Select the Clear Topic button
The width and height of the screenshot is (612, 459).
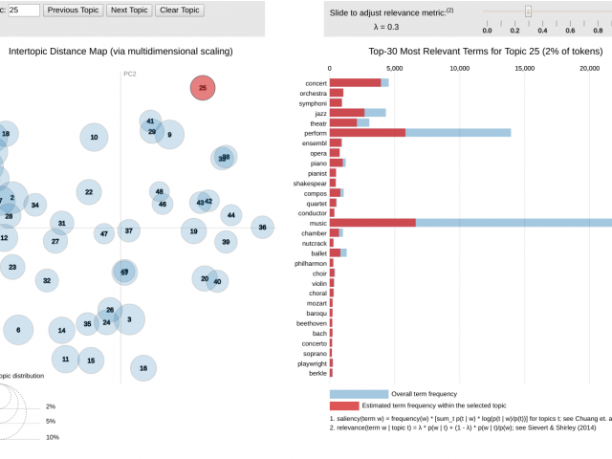(179, 11)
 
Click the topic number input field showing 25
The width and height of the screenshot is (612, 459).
(23, 11)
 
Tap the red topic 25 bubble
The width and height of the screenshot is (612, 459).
(203, 88)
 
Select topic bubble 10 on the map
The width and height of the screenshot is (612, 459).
(94, 138)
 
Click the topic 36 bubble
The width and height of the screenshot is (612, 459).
(262, 228)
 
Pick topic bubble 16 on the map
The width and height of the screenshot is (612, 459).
(143, 367)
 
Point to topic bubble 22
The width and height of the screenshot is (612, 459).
(89, 192)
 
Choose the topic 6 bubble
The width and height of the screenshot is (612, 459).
(18, 330)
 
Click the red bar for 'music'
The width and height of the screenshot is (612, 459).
(373, 223)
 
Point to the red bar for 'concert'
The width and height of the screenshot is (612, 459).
(356, 83)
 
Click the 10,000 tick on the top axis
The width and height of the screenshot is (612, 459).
(459, 69)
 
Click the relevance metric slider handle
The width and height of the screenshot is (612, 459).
(528, 11)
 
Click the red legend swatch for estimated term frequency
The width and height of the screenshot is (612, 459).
(344, 405)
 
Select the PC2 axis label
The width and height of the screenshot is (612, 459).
(130, 74)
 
